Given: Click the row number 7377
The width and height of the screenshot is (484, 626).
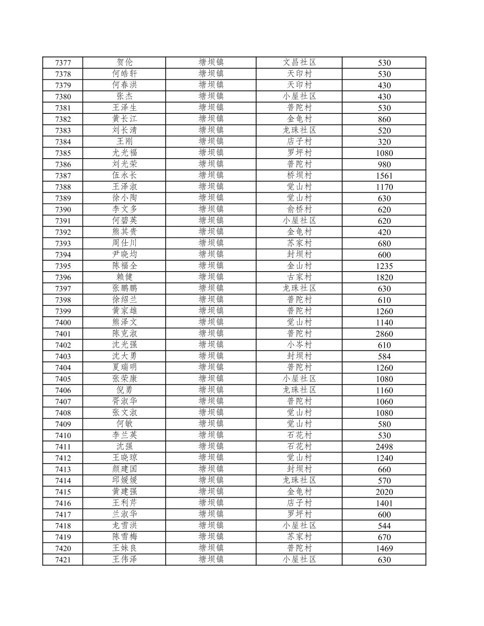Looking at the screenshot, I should (63, 63).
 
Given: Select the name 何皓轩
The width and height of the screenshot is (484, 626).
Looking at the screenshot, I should (124, 74).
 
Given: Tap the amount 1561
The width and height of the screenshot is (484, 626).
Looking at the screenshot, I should (384, 176).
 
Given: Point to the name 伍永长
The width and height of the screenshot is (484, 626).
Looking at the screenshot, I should (124, 175).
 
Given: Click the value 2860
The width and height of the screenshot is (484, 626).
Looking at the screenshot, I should (384, 334).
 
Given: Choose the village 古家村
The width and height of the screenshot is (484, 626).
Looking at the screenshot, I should (299, 277).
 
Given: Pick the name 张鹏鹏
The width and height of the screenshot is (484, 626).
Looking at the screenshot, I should (124, 288).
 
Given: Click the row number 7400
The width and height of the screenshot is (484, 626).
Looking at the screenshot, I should (63, 322).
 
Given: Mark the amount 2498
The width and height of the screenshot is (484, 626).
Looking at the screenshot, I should (384, 447).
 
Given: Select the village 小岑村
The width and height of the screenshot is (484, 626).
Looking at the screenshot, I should (299, 345).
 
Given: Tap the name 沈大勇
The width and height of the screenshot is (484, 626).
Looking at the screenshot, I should (124, 356).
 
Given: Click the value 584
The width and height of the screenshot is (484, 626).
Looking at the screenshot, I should (384, 357).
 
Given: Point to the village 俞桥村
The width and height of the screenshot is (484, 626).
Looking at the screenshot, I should (299, 209).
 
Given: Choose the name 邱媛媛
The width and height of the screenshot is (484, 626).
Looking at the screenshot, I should (124, 480).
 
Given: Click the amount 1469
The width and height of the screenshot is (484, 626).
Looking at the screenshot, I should (384, 548).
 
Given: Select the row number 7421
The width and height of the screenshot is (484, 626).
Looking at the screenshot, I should (63, 560).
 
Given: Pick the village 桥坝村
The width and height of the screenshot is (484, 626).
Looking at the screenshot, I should (299, 175).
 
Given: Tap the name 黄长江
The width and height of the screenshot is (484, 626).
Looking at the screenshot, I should (124, 119).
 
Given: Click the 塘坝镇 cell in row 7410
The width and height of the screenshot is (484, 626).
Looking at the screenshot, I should (211, 435).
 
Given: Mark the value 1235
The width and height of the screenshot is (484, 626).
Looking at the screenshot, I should (384, 266).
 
